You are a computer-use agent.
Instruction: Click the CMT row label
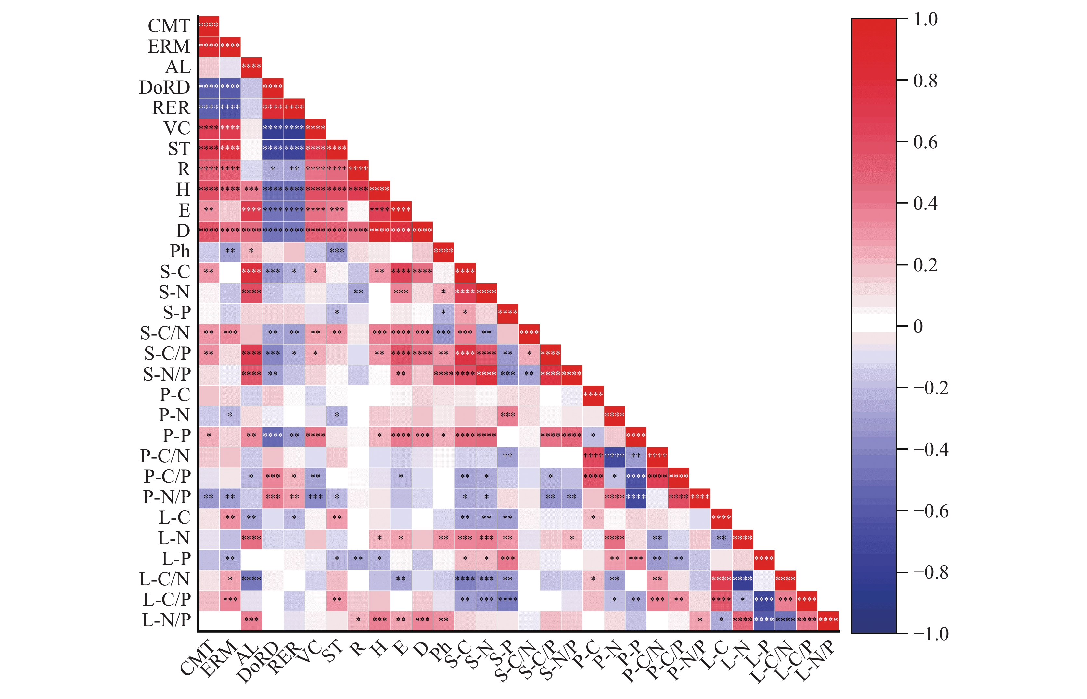pyautogui.click(x=169, y=26)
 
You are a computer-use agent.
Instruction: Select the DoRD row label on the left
pyautogui.click(x=164, y=87)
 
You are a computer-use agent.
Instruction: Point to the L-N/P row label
pyautogui.click(x=166, y=620)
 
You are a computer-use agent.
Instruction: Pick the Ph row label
pyautogui.click(x=180, y=251)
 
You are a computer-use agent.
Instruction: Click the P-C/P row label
pyautogui.click(x=167, y=477)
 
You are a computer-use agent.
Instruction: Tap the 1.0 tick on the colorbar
pyautogui.click(x=925, y=19)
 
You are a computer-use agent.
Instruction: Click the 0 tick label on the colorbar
pyautogui.click(x=918, y=326)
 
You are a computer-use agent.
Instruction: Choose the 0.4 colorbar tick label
pyautogui.click(x=925, y=204)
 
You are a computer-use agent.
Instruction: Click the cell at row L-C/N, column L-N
pyautogui.click(x=742, y=579)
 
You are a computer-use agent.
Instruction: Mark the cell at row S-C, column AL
pyautogui.click(x=251, y=271)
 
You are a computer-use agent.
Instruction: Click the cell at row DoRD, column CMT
pyautogui.click(x=209, y=87)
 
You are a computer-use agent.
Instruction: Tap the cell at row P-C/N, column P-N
pyautogui.click(x=614, y=456)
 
